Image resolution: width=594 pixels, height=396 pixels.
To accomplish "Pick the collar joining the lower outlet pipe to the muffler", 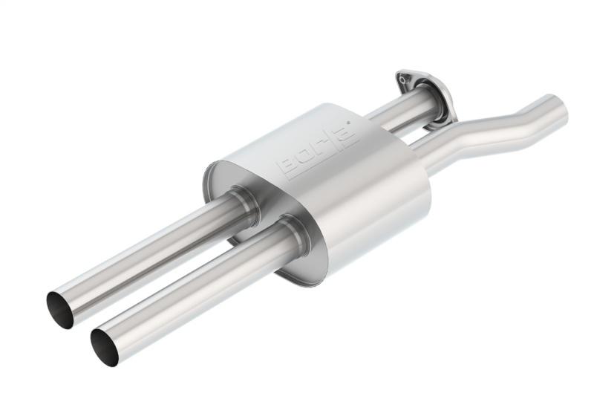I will pos(293,234).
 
